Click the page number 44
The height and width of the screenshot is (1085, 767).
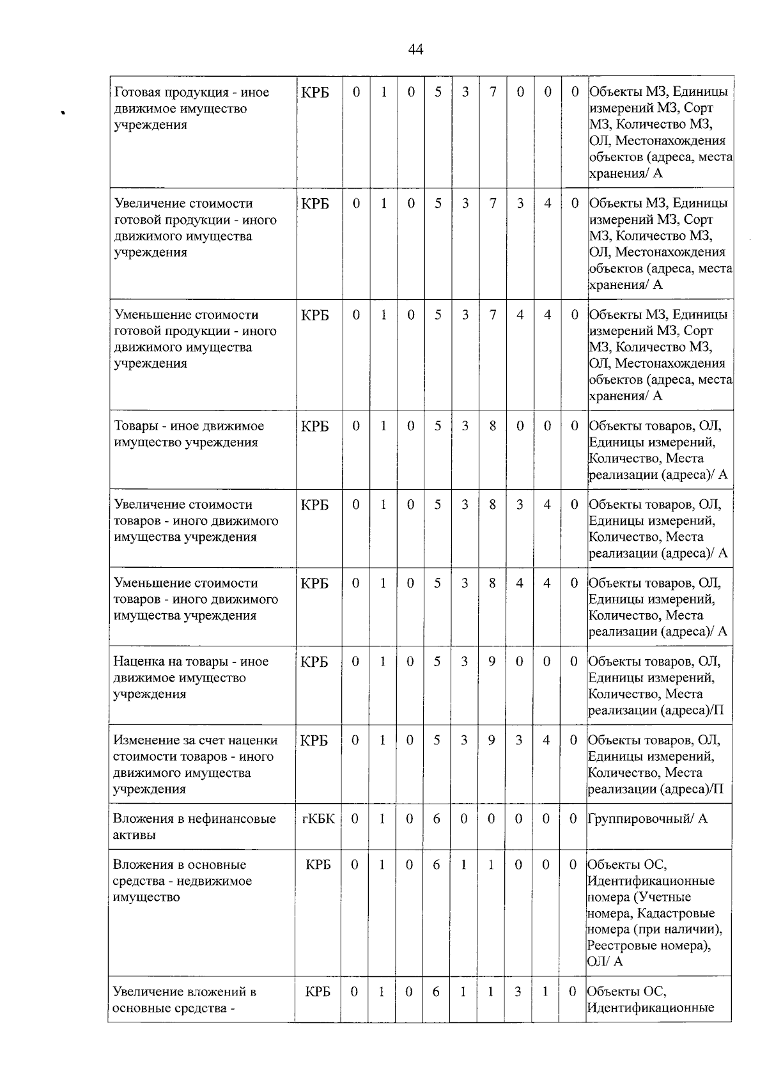tap(415, 50)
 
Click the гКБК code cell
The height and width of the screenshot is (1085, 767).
tap(318, 819)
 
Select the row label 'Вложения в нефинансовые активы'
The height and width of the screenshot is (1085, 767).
tap(194, 827)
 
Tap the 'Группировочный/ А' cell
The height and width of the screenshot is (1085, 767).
tap(647, 819)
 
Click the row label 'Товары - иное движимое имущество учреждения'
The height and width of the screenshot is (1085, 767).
tap(189, 434)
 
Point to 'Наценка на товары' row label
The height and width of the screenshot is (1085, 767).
tap(190, 678)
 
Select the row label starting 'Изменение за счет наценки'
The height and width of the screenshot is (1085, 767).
tap(195, 765)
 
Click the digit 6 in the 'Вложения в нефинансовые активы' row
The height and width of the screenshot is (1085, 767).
tap(437, 819)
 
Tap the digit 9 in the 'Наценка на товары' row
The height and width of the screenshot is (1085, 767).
tap(492, 662)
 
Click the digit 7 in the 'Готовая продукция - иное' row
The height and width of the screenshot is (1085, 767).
tap(493, 92)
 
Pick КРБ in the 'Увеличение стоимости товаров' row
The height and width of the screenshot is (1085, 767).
tap(314, 505)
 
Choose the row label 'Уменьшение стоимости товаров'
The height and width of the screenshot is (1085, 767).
tap(196, 599)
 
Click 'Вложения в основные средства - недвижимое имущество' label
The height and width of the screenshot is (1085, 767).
tap(182, 881)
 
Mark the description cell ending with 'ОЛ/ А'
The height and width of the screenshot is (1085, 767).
tap(658, 913)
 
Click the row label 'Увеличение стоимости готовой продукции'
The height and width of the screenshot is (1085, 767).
tap(195, 228)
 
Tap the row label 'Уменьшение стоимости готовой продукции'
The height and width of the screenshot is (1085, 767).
tap(195, 339)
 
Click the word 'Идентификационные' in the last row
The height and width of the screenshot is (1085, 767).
tap(651, 1008)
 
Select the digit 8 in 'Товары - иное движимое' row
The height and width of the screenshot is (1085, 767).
tap(493, 426)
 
